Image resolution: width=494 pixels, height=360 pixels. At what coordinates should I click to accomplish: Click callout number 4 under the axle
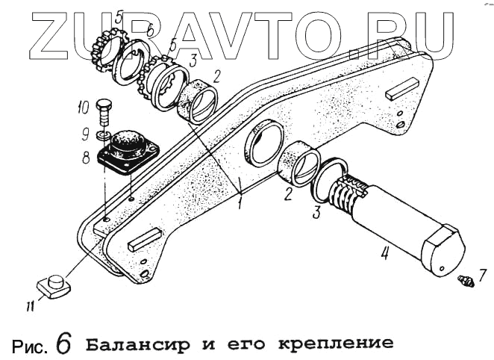point(384,252)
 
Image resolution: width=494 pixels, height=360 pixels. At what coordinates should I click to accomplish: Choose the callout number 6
point(150,31)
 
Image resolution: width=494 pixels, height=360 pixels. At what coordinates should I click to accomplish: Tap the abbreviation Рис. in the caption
point(31,345)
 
